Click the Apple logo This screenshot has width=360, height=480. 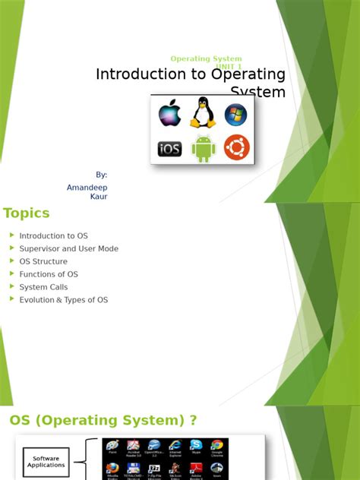click(x=169, y=115)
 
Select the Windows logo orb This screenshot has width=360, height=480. click(x=235, y=115)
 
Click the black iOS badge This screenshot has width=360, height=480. click(x=169, y=149)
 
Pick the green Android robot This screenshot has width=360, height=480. click(x=203, y=148)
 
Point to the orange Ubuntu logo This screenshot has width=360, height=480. click(x=236, y=147)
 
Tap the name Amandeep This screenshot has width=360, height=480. click(x=87, y=186)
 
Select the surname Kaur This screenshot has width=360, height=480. click(x=99, y=197)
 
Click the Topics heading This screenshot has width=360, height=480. click(x=27, y=213)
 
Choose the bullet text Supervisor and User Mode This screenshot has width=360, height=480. click(x=69, y=248)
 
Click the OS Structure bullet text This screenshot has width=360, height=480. click(x=43, y=261)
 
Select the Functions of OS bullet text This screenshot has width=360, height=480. click(x=49, y=274)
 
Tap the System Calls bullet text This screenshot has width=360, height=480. click(x=43, y=287)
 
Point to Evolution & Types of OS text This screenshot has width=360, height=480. click(x=64, y=300)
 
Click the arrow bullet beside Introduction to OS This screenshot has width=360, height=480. click(x=11, y=235)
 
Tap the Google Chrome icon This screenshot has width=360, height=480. click(x=216, y=446)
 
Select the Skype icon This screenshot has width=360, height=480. click(x=196, y=446)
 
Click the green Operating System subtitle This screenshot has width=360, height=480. click(x=206, y=58)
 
